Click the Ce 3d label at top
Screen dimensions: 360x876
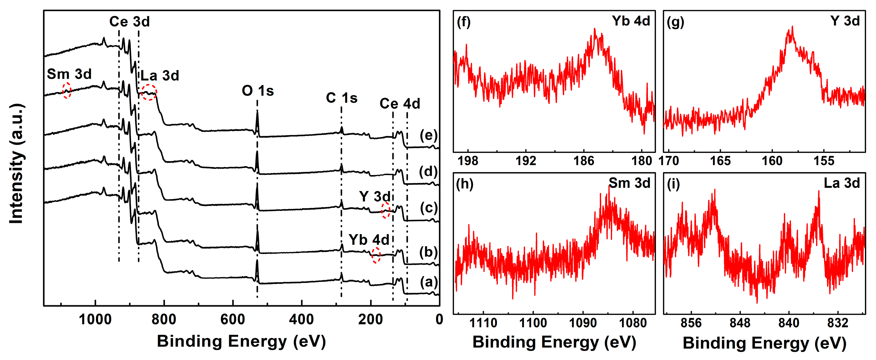129,21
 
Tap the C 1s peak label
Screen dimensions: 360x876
342,98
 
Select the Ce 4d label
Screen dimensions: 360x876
400,104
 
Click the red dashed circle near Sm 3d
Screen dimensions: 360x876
67,90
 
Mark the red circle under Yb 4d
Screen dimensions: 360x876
376,255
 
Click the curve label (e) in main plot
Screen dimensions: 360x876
428,135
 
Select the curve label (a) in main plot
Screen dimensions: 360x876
428,282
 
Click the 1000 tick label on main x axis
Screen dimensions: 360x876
95,320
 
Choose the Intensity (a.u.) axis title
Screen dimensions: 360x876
16,164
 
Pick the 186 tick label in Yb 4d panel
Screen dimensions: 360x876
584,161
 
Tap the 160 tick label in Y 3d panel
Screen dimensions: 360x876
772,161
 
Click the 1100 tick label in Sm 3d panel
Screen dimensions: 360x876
533,323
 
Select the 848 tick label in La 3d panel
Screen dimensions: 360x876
740,323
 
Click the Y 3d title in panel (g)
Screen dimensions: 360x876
845,21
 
